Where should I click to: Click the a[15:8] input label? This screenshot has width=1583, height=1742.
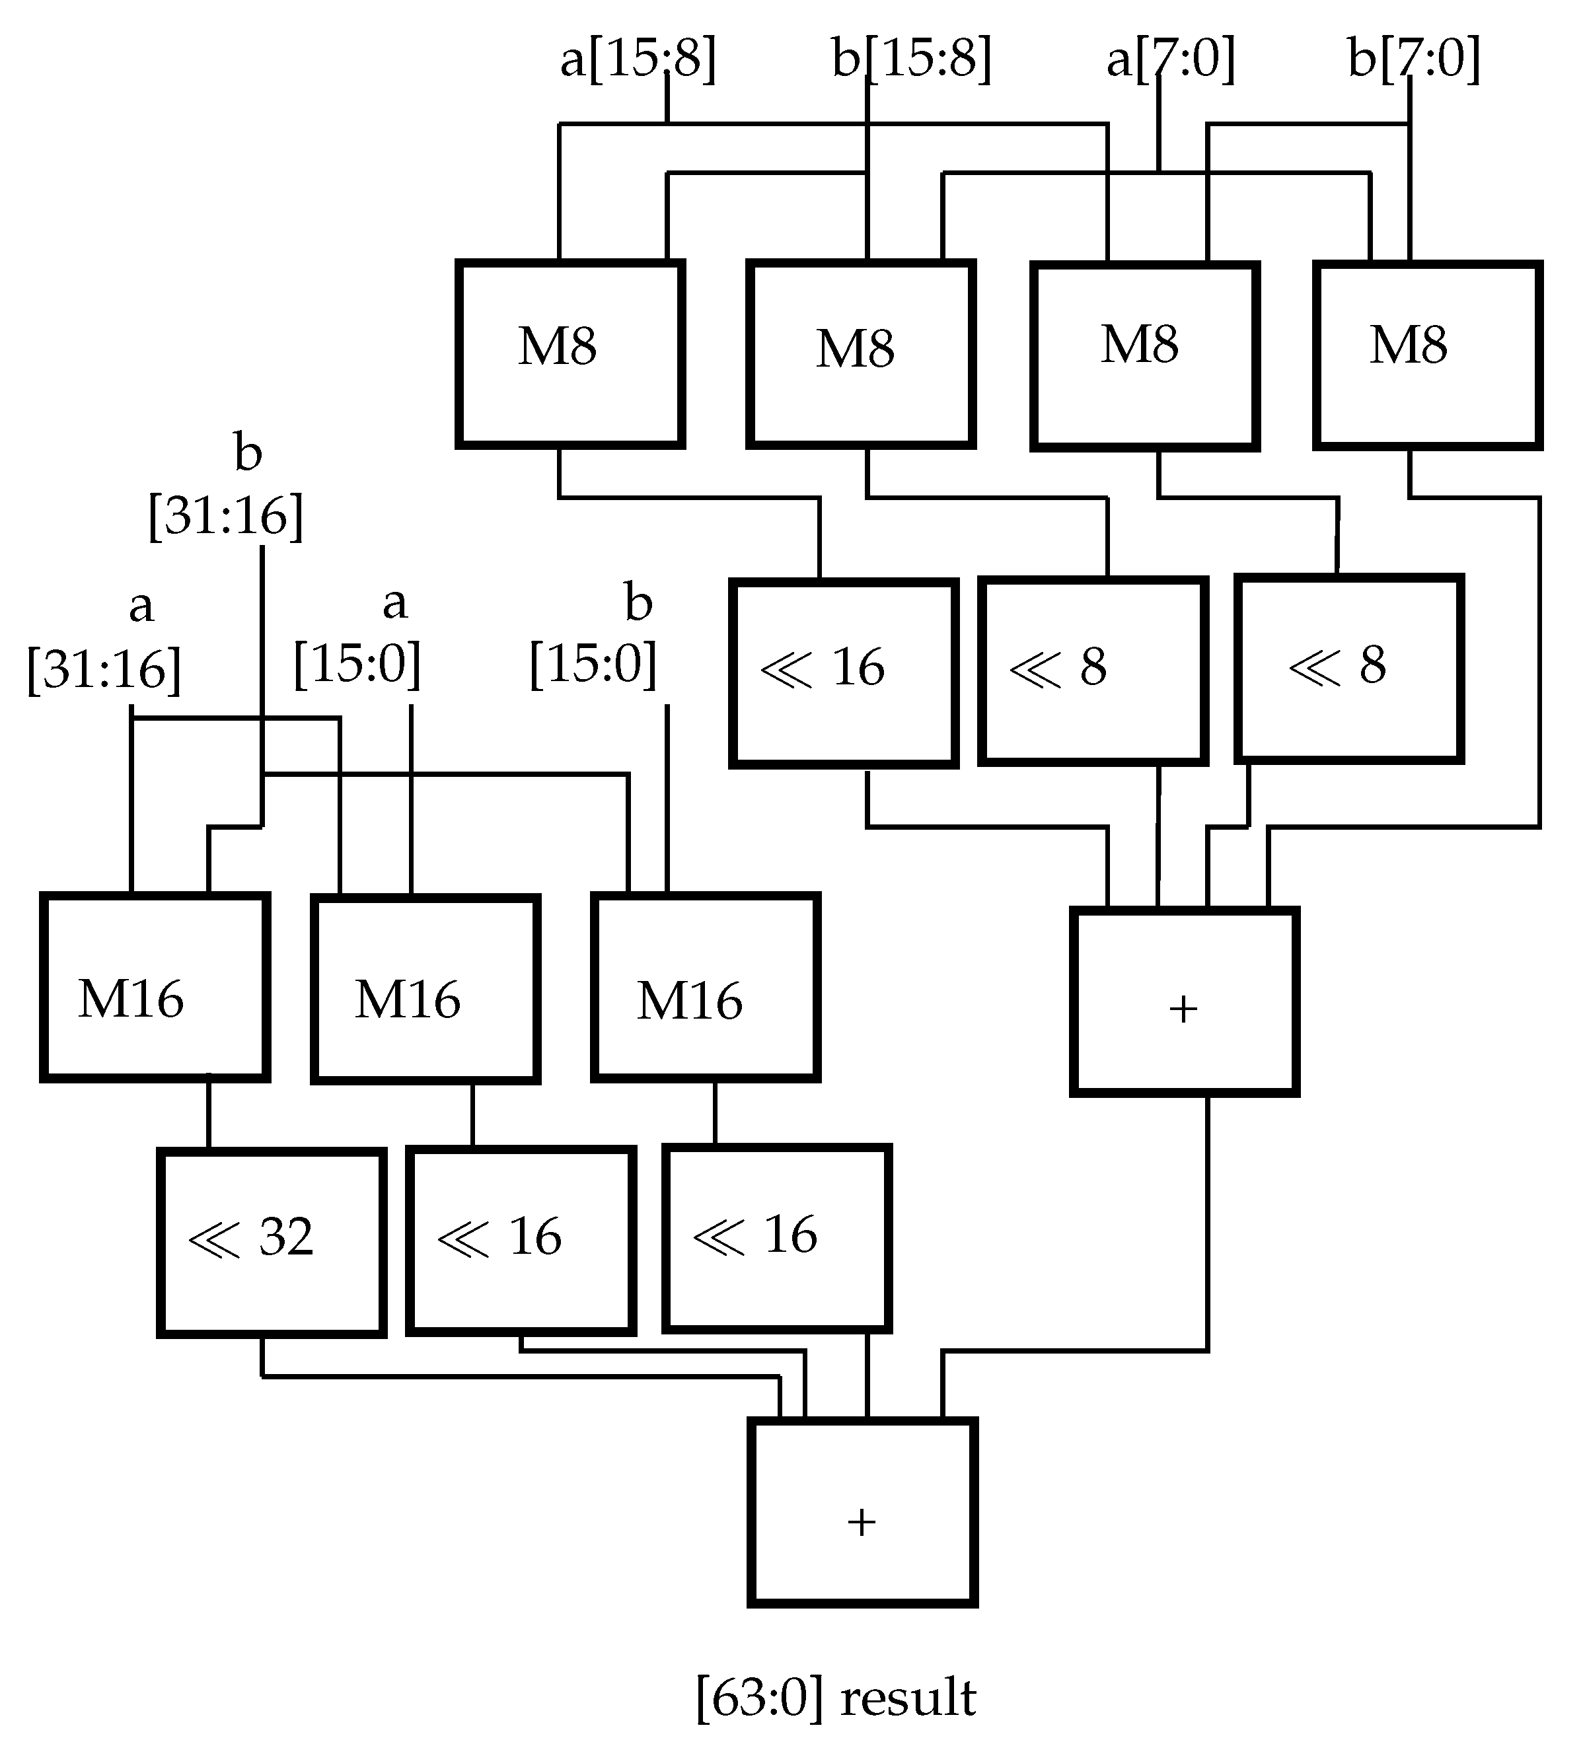pos(638,59)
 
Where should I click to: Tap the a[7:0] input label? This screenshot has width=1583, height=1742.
pos(1170,59)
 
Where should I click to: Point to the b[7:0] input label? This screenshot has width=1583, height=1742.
pos(1414,59)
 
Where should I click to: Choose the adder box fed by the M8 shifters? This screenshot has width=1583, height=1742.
pos(1184,1002)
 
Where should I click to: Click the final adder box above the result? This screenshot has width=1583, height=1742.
pos(862,1511)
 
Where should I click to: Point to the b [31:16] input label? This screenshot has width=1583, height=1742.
pos(227,488)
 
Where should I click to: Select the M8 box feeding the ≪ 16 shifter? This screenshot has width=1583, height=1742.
pos(570,354)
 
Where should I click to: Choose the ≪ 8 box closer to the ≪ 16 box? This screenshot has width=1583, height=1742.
pos(1092,671)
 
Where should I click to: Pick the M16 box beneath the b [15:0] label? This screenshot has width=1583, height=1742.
pos(705,988)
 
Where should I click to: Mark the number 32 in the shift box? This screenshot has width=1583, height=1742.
pos(286,1237)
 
